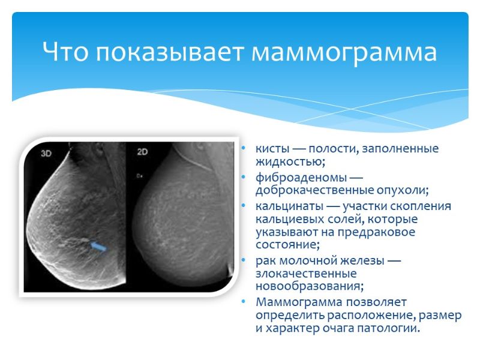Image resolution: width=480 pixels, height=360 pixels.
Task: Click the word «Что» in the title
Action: [x=65, y=51]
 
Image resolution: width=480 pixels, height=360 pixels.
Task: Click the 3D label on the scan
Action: [x=46, y=154]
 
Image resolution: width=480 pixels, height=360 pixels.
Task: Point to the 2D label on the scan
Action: [x=142, y=152]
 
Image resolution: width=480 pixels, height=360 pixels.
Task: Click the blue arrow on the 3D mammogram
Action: [x=98, y=247]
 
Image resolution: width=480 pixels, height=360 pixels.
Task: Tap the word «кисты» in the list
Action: [x=272, y=149]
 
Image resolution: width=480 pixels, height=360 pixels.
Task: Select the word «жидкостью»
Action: [x=290, y=161]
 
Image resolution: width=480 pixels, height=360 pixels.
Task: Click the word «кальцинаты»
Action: [x=289, y=206]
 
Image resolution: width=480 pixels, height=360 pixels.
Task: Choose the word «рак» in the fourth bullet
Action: [x=266, y=261]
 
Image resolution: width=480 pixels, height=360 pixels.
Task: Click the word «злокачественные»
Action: [x=306, y=274]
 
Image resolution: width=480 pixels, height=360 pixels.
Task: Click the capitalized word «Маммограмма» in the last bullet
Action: [x=299, y=302]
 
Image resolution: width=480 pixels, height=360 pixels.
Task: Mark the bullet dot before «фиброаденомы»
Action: [x=244, y=177]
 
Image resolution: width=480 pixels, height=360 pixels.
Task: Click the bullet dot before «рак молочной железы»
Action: [x=244, y=260]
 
